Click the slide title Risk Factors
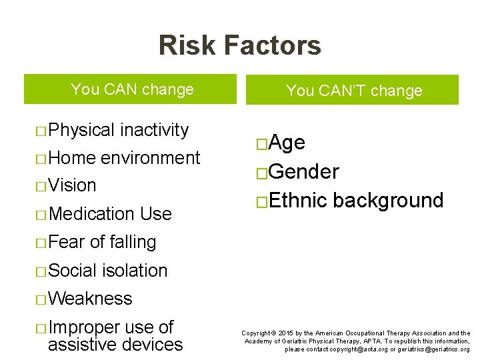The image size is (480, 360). point(239,45)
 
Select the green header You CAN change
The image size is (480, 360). point(132,89)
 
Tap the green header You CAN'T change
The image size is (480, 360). point(353,91)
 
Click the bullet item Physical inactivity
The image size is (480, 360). point(119,129)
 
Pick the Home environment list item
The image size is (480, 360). point(124,157)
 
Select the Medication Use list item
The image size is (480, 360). point(110,213)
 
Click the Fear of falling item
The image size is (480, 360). point(102,242)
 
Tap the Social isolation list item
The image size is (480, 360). point(108,270)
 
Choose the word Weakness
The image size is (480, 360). point(90,299)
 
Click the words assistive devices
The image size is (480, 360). point(115,345)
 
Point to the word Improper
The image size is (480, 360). point(84,327)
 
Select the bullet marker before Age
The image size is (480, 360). point(261,144)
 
